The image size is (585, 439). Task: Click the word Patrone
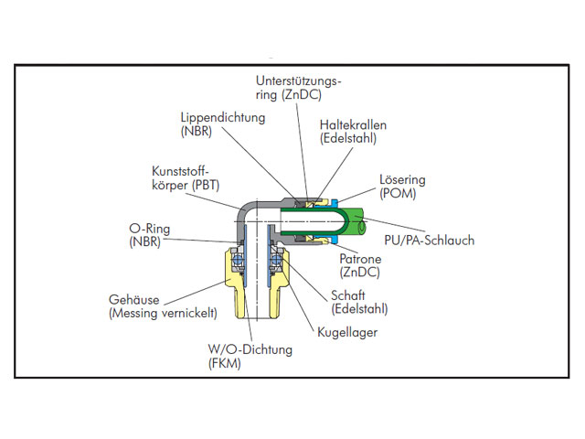[360, 259]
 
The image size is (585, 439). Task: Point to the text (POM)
[398, 194]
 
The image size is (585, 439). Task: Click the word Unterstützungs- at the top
[299, 81]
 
